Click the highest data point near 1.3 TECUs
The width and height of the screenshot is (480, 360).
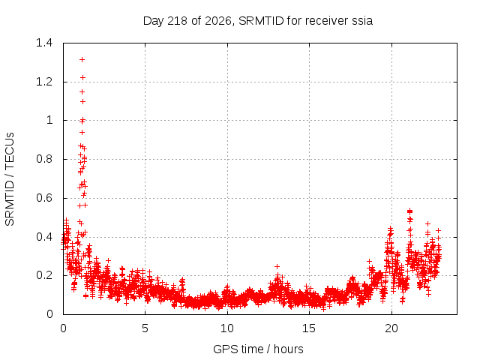(x=82, y=60)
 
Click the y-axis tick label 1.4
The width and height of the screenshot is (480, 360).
(x=44, y=43)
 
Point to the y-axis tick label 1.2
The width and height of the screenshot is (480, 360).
(x=44, y=82)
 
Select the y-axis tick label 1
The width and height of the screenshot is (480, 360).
(x=49, y=120)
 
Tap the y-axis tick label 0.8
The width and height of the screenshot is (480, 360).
(x=44, y=159)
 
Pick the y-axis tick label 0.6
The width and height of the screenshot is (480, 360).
(x=44, y=198)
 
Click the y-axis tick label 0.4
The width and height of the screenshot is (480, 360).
(x=44, y=237)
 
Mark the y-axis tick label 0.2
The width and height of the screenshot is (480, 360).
(x=44, y=275)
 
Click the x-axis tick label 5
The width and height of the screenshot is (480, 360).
(x=145, y=328)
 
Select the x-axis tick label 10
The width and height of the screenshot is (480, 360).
(x=227, y=328)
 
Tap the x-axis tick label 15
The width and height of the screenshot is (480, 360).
(x=309, y=328)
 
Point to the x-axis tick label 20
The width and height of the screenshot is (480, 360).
(x=391, y=328)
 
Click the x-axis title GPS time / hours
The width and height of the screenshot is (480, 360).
(x=258, y=349)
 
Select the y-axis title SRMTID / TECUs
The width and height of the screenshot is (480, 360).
(x=10, y=179)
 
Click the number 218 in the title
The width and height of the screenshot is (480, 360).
(x=178, y=21)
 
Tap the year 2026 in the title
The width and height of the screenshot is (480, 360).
(x=218, y=21)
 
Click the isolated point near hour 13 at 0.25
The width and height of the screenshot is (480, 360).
(x=277, y=267)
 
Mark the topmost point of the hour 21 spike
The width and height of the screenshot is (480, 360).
(x=410, y=211)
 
